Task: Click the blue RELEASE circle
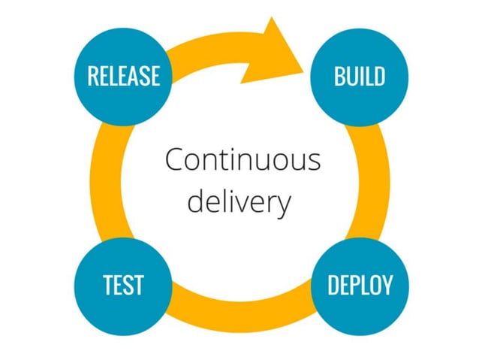(123, 75)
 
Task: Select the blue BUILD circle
(359, 75)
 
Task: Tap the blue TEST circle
(123, 285)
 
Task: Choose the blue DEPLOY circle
(359, 285)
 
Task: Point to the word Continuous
(242, 160)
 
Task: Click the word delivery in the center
(239, 202)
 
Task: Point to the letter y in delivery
(282, 205)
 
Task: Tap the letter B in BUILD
(339, 76)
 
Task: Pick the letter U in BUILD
(351, 76)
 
